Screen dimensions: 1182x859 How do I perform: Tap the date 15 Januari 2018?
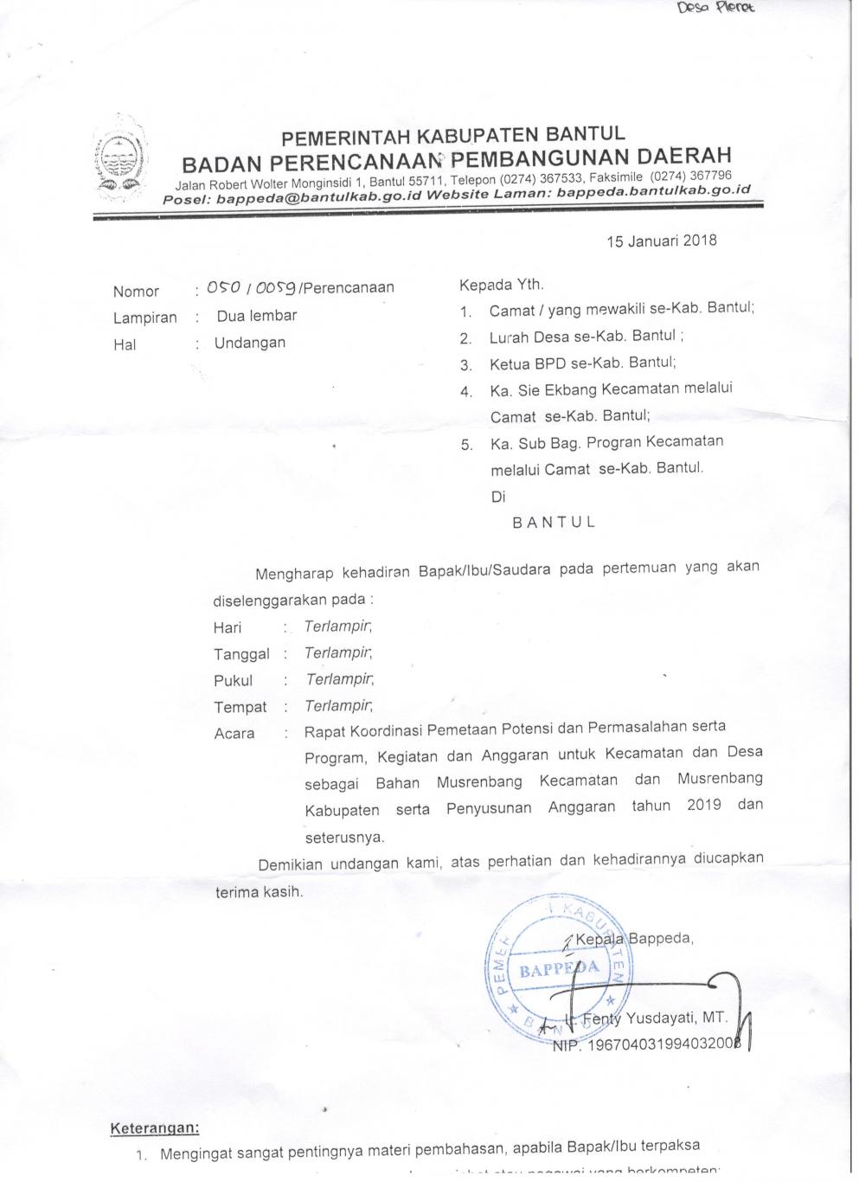click(x=662, y=241)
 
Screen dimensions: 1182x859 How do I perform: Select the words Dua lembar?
click(x=257, y=316)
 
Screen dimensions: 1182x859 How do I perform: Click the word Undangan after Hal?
click(x=250, y=343)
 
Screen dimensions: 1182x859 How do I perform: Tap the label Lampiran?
click(x=144, y=318)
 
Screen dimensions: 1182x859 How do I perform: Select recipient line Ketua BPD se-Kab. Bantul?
click(x=582, y=363)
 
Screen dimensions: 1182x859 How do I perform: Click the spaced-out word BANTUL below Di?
click(x=554, y=523)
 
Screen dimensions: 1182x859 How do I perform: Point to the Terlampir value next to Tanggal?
click(x=338, y=653)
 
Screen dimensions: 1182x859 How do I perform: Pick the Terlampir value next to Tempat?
click(x=338, y=706)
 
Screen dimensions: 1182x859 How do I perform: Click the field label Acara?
click(x=234, y=734)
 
